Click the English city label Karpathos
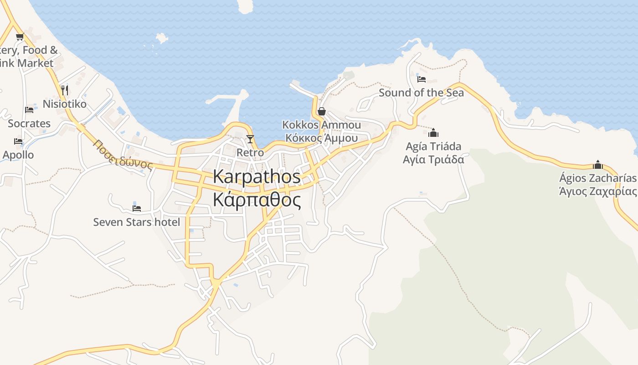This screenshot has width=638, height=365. tap(257, 177)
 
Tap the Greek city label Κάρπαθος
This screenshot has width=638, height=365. tap(257, 200)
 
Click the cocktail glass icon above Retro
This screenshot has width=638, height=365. tap(250, 139)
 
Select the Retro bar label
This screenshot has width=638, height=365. tap(250, 152)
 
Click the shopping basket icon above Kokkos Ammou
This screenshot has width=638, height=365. tap(321, 111)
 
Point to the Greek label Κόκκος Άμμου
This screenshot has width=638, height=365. tap(321, 138)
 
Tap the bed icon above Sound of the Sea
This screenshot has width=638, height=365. tap(422, 79)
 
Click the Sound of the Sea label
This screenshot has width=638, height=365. tap(421, 93)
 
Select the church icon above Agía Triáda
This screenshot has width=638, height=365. tap(433, 133)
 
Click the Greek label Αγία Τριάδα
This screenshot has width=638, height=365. tap(433, 159)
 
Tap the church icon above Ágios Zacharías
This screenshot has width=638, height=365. tap(597, 165)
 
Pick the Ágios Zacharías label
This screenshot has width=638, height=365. tap(597, 178)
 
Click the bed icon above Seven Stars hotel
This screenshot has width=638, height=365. tap(136, 208)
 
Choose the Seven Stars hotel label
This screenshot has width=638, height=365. tap(136, 222)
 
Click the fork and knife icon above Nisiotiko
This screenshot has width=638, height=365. tap(64, 90)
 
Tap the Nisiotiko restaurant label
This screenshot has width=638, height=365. tap(64, 104)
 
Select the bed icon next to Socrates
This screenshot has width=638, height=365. tap(29, 109)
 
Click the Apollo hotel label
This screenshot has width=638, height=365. tap(18, 155)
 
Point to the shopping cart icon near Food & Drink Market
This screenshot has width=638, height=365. tap(20, 36)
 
